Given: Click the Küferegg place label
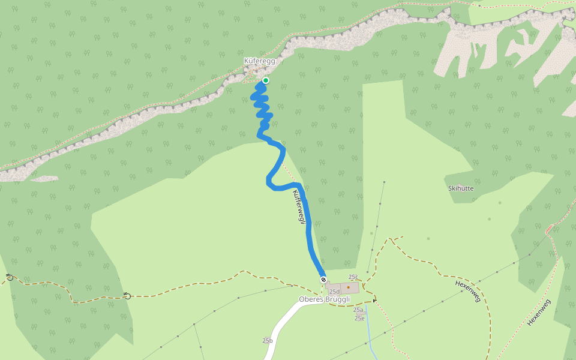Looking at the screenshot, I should tap(259, 61).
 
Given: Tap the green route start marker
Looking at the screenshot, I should tap(265, 80).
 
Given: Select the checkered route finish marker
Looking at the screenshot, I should tap(323, 280).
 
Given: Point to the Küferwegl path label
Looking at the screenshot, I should tap(299, 207).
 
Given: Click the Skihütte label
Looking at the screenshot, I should tap(461, 188).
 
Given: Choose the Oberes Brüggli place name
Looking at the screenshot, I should tap(324, 299).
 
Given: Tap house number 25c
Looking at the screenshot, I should tap(353, 277).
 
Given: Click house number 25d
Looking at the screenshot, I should tap(334, 292).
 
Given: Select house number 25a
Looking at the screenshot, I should tap(358, 310).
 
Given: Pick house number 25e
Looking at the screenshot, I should tap(359, 318).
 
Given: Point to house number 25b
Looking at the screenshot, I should tap(268, 341).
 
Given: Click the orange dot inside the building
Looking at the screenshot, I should tap(348, 287).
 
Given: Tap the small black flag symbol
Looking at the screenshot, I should tap(375, 300).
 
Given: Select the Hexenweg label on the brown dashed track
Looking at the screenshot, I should tap(468, 291).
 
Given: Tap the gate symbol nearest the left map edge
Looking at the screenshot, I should tap(9, 277).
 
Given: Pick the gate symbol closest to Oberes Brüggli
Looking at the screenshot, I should tap(127, 295).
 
